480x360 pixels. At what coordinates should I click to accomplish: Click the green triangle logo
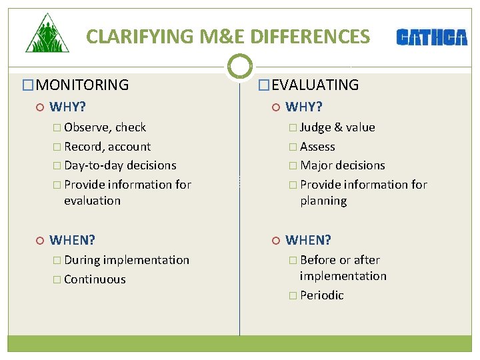(x=47, y=35)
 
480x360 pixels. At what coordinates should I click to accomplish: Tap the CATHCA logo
(x=431, y=37)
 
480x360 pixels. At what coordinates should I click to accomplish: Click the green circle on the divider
(x=239, y=66)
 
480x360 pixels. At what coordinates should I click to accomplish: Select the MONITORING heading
(x=82, y=85)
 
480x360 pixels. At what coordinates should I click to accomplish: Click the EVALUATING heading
(x=315, y=85)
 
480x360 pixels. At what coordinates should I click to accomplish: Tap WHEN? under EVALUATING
(x=308, y=240)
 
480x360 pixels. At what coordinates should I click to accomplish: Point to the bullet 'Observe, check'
(x=105, y=127)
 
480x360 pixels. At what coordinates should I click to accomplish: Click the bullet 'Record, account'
(x=107, y=147)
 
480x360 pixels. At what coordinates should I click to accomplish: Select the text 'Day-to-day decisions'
(x=120, y=165)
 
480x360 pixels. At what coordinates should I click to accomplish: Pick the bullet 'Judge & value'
(x=337, y=127)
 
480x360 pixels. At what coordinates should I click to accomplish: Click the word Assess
(x=317, y=147)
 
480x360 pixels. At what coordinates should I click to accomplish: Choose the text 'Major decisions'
(x=342, y=165)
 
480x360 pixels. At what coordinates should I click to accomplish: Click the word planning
(x=323, y=201)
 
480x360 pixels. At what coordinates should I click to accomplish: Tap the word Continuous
(x=95, y=279)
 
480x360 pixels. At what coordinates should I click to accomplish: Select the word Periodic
(x=321, y=295)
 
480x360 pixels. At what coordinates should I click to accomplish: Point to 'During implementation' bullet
(x=127, y=260)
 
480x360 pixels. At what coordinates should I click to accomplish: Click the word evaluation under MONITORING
(x=92, y=201)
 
